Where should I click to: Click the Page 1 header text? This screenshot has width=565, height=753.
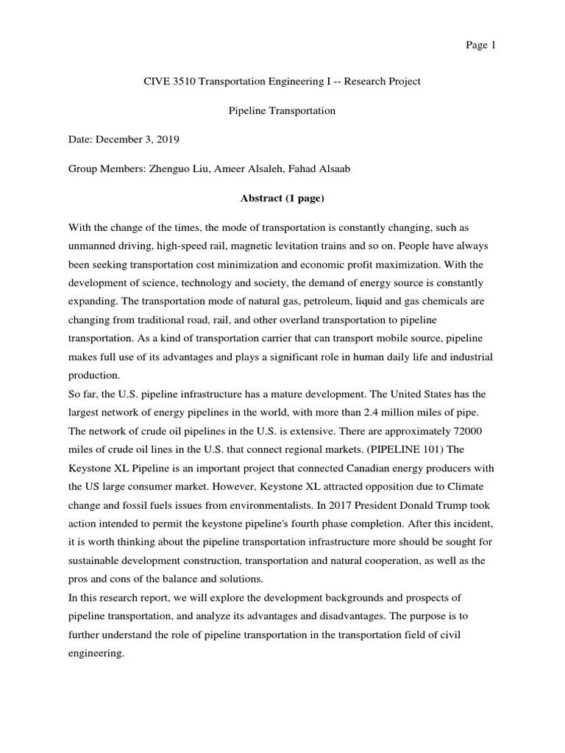(481, 46)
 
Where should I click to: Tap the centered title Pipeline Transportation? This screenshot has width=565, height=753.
(282, 111)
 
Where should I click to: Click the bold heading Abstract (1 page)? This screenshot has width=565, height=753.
(282, 199)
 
